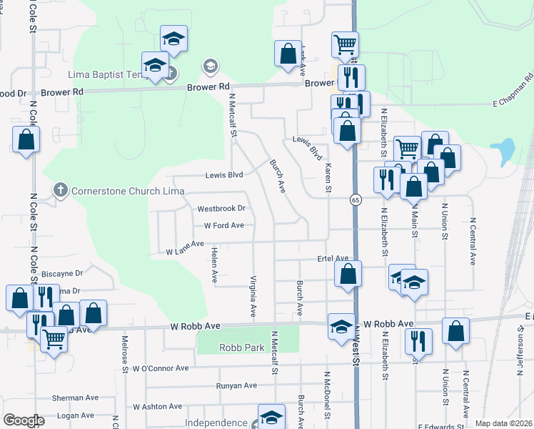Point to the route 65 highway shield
coord(355,199)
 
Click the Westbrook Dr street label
coord(221,209)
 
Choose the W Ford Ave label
coord(224,225)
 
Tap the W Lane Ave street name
coord(185,252)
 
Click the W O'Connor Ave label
coord(161,368)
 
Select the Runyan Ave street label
coord(236,385)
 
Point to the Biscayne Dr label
coord(62,273)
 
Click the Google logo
coord(24,420)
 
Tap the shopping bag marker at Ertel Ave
coord(348,274)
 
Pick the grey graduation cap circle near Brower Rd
coord(210,67)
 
